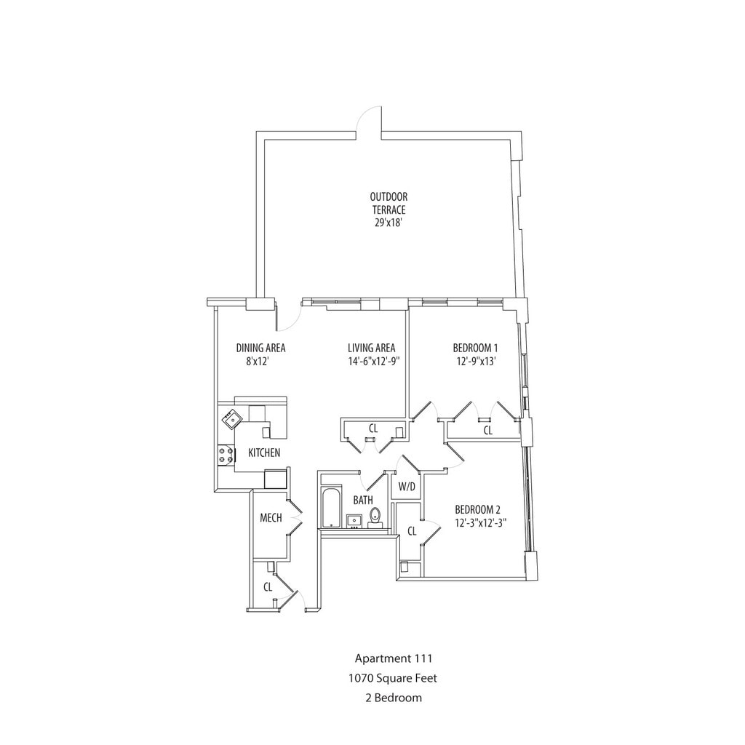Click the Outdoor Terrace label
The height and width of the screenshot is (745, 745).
389,203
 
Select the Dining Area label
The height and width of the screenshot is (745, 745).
260,348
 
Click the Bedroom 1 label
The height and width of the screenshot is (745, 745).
475,348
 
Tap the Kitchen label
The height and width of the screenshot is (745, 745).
264,453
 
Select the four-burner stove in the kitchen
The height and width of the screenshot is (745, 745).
226,455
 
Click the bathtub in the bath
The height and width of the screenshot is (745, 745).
330,508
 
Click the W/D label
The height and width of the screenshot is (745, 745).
407,487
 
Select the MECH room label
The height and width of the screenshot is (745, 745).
271,518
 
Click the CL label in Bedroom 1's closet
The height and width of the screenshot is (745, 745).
488,430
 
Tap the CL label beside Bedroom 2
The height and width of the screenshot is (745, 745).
412,531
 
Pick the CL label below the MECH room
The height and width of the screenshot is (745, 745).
268,586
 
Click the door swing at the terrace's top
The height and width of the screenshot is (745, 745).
371,121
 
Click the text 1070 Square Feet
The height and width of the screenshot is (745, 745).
394,678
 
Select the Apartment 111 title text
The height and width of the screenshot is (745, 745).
394,659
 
